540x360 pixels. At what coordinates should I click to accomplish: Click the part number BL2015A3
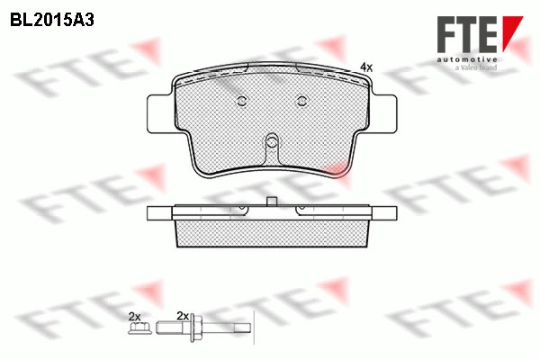pyautogui.click(x=52, y=21)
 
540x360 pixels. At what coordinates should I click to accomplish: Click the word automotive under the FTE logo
pyautogui.click(x=467, y=60)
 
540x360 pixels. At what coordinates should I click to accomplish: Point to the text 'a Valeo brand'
pyautogui.click(x=475, y=67)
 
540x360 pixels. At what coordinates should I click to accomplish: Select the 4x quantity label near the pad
pyautogui.click(x=366, y=67)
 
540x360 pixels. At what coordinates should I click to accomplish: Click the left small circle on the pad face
pyautogui.click(x=242, y=101)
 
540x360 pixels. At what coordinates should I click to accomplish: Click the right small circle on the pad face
pyautogui.click(x=302, y=101)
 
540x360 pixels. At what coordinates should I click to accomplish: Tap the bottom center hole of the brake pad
pyautogui.click(x=272, y=141)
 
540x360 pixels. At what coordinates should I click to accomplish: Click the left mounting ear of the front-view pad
pyautogui.click(x=159, y=113)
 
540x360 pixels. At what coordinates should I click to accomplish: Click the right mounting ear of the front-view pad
pyautogui.click(x=384, y=113)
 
